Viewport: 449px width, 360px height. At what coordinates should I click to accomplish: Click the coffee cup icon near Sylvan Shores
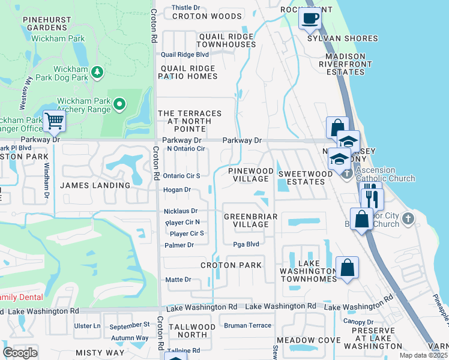(310, 17)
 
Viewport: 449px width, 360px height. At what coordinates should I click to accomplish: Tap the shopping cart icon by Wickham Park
(54, 121)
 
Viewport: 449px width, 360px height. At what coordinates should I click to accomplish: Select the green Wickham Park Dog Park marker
(97, 73)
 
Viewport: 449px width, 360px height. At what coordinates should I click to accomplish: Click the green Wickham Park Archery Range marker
(119, 105)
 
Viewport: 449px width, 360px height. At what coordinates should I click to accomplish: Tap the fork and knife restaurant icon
(371, 196)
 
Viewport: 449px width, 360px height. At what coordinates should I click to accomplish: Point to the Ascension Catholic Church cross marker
(346, 173)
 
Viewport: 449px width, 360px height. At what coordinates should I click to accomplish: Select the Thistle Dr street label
(185, 8)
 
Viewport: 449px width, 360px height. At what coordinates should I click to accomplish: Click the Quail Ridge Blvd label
(184, 54)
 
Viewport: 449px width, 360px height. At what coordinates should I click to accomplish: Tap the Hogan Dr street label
(177, 190)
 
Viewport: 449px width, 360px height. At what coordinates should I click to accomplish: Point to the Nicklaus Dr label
(181, 211)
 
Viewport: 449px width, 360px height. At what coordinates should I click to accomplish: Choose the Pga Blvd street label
(246, 244)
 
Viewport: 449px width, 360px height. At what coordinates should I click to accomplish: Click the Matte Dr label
(178, 280)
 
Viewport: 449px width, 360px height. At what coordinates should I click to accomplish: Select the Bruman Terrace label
(247, 325)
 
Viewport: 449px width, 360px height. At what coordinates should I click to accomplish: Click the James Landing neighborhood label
(95, 185)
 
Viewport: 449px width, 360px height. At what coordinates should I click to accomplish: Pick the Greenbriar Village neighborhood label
(246, 220)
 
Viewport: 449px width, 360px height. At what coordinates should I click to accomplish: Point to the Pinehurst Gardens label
(47, 23)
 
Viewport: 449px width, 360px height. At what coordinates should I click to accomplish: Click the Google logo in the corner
(20, 352)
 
